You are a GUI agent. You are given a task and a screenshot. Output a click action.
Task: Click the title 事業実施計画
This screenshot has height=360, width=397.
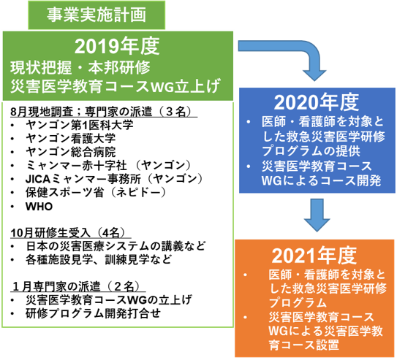tap(97, 15)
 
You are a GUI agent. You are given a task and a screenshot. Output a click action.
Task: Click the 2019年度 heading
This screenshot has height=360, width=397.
tap(117, 46)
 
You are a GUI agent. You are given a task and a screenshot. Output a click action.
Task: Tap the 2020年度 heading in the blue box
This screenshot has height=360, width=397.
tap(317, 102)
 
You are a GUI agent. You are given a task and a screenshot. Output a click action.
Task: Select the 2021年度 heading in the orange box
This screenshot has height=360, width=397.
tap(314, 256)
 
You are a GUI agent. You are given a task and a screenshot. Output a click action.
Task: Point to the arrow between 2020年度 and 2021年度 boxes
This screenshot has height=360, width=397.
tap(317, 215)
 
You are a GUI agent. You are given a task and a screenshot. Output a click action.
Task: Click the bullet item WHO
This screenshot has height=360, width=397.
tap(39, 207)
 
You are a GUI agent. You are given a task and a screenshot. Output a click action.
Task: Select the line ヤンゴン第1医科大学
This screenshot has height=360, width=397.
tap(79, 125)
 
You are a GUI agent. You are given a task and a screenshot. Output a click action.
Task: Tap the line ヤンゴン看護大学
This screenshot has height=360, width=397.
tap(71, 138)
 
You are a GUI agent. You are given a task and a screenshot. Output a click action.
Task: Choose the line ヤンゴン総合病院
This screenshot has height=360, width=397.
tap(71, 152)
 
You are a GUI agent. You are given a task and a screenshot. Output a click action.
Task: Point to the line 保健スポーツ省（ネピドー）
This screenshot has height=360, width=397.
tap(96, 193)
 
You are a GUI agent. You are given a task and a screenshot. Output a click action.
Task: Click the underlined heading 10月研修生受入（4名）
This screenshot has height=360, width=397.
tap(68, 233)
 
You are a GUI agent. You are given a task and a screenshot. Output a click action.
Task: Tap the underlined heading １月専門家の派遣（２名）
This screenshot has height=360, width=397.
tap(77, 286)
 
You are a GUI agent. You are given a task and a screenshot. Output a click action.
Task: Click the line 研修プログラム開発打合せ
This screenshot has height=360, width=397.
tap(93, 313)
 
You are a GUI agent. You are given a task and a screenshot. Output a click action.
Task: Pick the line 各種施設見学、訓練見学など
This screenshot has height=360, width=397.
tap(99, 260)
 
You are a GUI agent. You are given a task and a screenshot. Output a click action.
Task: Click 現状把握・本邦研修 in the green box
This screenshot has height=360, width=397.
tap(80, 68)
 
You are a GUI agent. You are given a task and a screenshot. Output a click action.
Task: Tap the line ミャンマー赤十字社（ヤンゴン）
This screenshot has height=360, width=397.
tap(108, 166)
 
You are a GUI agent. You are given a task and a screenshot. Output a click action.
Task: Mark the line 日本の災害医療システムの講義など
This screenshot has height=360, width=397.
tap(116, 246)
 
